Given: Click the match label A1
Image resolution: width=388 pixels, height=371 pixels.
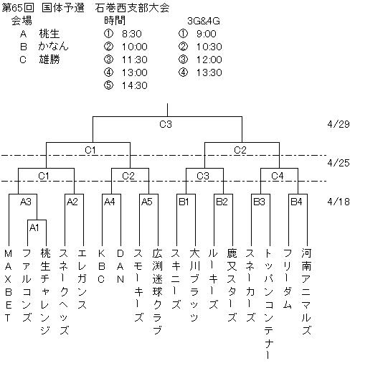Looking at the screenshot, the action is (x=34, y=227).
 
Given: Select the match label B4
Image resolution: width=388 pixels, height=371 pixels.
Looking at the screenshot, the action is (x=296, y=202).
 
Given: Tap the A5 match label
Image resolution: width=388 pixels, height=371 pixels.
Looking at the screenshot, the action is (x=147, y=202).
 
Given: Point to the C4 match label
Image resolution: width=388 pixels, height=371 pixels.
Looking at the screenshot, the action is (x=277, y=176).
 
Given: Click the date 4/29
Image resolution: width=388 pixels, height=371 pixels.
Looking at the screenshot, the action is (x=339, y=124).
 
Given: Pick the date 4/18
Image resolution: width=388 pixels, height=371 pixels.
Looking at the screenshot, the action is (x=339, y=202).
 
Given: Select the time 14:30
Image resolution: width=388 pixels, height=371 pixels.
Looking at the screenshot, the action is (x=135, y=85).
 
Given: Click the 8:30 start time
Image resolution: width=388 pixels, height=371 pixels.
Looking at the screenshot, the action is (x=132, y=34).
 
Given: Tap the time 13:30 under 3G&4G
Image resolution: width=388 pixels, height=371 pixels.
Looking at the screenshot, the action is (x=209, y=72).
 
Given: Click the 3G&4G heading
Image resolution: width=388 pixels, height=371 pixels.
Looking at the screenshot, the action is (x=204, y=21).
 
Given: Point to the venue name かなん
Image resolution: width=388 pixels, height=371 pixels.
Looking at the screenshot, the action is (x=53, y=47).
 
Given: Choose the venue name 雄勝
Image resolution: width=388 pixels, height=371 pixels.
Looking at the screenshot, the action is (x=49, y=60).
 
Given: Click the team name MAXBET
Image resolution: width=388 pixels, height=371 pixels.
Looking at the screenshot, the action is (x=8, y=286).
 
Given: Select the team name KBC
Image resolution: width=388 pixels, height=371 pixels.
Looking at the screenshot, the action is (x=101, y=266).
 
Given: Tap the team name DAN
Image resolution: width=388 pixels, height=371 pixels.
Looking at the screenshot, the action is (x=120, y=266).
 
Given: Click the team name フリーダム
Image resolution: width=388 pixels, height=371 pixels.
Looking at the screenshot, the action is (x=288, y=278).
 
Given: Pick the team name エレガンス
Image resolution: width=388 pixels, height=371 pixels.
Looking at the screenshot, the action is (x=82, y=278).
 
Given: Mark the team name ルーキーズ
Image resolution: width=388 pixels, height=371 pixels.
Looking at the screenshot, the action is (x=213, y=278).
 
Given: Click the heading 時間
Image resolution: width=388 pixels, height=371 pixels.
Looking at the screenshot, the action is (x=115, y=21).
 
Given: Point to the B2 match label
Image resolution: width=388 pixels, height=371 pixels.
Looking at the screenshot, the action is (x=222, y=202).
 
